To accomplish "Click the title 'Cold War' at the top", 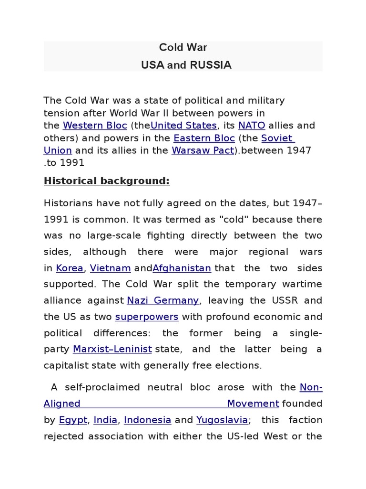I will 183,48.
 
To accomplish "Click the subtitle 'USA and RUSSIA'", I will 186,65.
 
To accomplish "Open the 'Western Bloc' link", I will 95,126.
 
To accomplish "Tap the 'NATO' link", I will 251,126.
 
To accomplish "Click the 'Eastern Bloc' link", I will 204,138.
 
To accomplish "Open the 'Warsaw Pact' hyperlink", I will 203,150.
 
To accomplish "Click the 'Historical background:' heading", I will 107,181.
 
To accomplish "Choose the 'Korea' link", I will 70,268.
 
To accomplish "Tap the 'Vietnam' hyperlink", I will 110,268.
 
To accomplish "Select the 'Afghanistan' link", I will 182,268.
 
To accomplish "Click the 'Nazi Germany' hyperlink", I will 163,301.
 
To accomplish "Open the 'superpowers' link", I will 147,317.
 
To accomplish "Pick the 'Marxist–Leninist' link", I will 112,350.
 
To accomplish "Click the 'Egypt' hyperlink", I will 73,420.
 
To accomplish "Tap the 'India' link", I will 105,420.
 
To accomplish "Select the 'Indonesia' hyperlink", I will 147,420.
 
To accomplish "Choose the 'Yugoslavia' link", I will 222,420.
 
